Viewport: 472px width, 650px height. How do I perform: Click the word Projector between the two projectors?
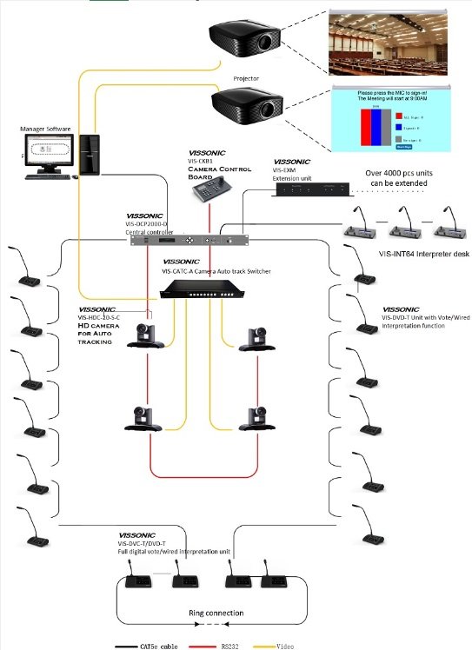246,78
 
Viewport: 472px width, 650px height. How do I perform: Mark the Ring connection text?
216,614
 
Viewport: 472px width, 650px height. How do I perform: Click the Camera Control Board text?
220,172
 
